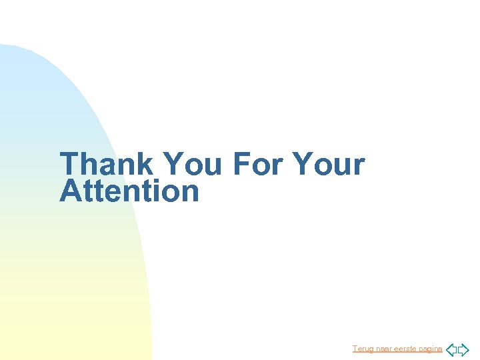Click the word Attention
pyautogui.click(x=129, y=191)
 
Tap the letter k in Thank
pyautogui.click(x=147, y=164)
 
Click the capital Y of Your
pyautogui.click(x=304, y=164)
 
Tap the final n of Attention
pyautogui.click(x=189, y=193)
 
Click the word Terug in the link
pyautogui.click(x=363, y=349)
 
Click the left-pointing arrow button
pyautogui.click(x=451, y=349)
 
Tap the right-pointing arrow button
pyautogui.click(x=463, y=349)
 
